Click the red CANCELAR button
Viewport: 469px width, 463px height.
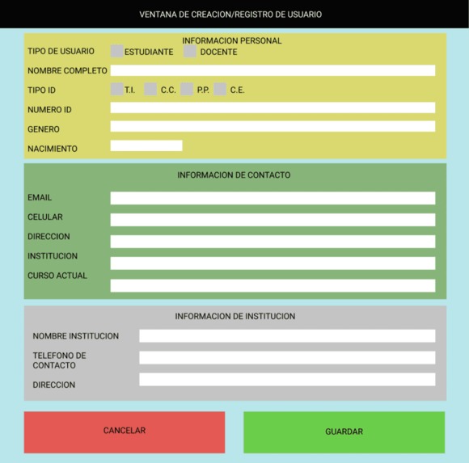[x=125, y=431]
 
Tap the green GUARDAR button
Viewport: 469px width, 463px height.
[x=344, y=431]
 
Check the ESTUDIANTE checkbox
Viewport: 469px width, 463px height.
[x=117, y=51]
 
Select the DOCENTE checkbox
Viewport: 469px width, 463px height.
[x=190, y=51]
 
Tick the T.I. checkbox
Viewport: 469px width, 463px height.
[x=117, y=90]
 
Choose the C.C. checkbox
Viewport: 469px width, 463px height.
[x=150, y=90]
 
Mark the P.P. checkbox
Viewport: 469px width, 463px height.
[x=187, y=90]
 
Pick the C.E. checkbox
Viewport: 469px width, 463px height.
[x=220, y=90]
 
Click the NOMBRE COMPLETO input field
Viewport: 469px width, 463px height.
[x=273, y=70]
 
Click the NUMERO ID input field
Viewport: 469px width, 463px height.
[x=273, y=108]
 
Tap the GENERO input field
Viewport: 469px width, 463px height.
[x=273, y=127]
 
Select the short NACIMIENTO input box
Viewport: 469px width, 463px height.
[x=146, y=146]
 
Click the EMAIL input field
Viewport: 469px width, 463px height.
[x=273, y=198]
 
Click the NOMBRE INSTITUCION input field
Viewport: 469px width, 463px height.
[x=287, y=336]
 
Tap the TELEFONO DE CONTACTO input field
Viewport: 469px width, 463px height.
[x=287, y=358]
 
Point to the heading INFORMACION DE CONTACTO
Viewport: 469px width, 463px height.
[x=234, y=175]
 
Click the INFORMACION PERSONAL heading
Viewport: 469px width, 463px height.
[x=232, y=40]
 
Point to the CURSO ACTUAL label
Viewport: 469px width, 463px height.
[x=57, y=276]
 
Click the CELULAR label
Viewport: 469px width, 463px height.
[x=45, y=217]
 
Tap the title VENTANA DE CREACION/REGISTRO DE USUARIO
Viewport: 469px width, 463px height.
[x=230, y=15]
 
